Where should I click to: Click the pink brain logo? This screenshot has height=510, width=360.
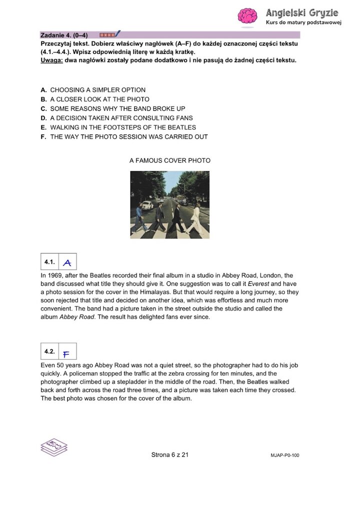click(x=247, y=16)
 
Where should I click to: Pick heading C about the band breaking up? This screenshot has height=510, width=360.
click(x=112, y=108)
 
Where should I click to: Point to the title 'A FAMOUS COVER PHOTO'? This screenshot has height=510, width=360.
click(x=170, y=160)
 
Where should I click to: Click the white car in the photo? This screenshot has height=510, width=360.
click(x=146, y=205)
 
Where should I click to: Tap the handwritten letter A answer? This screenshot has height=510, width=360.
click(x=67, y=263)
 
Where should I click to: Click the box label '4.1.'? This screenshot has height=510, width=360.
click(x=49, y=262)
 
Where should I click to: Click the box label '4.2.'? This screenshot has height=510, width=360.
click(x=49, y=352)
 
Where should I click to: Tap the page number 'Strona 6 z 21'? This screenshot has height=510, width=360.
click(x=169, y=455)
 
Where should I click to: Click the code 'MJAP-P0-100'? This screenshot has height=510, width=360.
click(x=284, y=456)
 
